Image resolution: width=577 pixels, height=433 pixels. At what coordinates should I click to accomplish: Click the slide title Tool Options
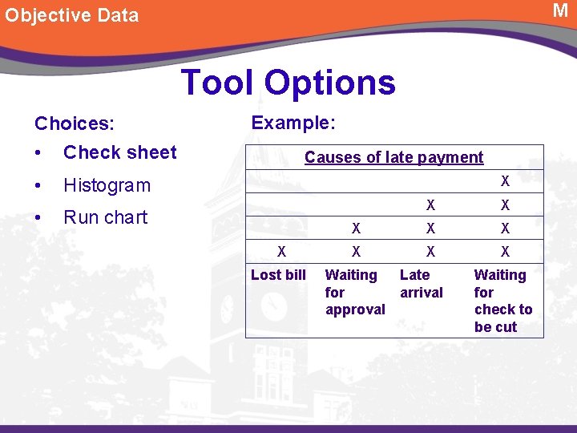(288, 83)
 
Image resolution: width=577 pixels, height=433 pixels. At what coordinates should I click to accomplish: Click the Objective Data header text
(72, 15)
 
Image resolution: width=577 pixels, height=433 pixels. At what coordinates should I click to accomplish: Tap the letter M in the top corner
(560, 10)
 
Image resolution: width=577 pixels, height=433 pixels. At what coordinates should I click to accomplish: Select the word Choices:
(75, 123)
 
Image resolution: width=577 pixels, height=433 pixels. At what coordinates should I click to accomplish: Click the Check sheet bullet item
(119, 152)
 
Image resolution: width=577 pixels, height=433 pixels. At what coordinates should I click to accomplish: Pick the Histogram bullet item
(107, 185)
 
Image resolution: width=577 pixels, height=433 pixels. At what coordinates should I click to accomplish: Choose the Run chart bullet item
(105, 217)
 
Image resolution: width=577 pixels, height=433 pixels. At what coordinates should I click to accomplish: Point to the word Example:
(293, 123)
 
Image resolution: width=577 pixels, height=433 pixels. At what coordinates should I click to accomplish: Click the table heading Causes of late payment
(393, 157)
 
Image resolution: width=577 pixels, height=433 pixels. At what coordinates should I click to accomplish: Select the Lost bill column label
(278, 275)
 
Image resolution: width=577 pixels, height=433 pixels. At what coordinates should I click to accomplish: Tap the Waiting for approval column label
(354, 292)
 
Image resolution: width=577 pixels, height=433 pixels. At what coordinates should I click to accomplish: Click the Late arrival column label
(421, 284)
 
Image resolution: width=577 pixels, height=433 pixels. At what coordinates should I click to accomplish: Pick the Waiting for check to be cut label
(502, 301)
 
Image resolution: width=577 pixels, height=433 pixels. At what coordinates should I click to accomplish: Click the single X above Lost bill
(281, 252)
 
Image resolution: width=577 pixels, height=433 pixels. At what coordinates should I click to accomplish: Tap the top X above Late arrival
(430, 205)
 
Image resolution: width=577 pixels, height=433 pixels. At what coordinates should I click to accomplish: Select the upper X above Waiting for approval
(357, 229)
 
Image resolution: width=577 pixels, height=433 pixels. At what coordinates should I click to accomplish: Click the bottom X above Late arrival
(430, 252)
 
